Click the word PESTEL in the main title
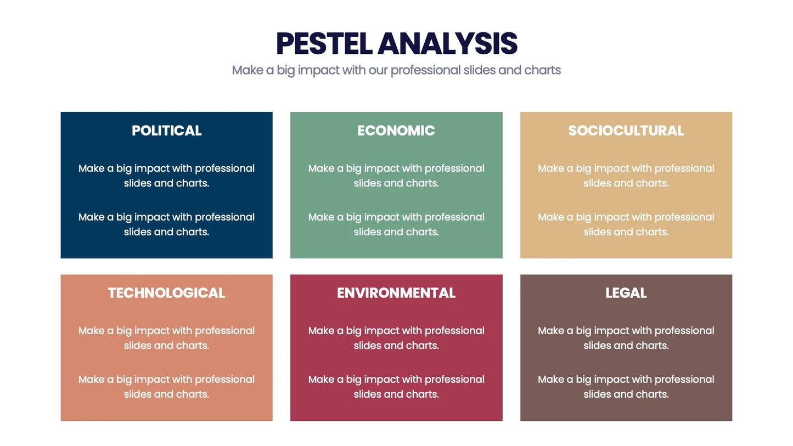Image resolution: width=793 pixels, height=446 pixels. [x=324, y=44]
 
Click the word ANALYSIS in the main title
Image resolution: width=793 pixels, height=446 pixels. [x=447, y=44]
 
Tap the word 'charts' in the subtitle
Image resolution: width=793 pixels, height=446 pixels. [x=543, y=70]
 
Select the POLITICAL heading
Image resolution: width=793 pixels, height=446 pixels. [x=166, y=131]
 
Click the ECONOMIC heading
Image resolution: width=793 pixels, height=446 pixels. [x=396, y=131]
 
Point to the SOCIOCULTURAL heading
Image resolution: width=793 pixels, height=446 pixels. [x=626, y=131]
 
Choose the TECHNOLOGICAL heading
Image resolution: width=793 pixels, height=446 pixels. [x=166, y=293]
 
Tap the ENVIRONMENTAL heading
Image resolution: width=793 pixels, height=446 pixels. [x=396, y=293]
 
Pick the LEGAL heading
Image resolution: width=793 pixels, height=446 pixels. [x=626, y=293]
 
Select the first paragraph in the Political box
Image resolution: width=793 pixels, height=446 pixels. [x=166, y=176]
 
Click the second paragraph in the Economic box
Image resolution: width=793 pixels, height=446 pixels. [x=396, y=224]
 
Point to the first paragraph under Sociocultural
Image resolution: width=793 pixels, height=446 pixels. [x=626, y=176]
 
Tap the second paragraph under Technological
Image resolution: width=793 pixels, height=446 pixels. [x=166, y=387]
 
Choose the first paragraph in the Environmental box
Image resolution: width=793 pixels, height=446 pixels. [x=396, y=338]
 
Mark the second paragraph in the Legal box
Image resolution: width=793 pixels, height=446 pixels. [x=626, y=387]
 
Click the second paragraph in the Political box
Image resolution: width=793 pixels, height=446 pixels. [x=166, y=224]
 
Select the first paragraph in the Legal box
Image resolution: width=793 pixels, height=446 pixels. [x=626, y=338]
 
